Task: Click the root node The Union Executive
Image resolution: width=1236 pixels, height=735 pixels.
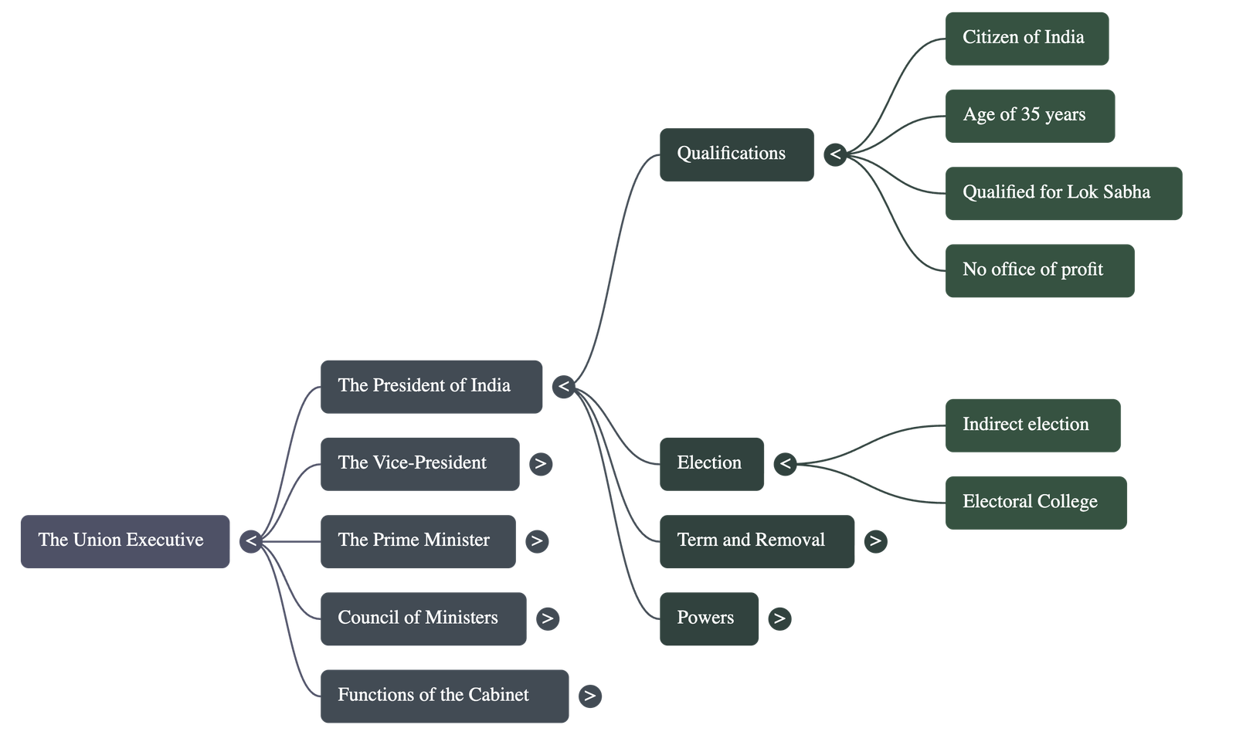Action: (x=124, y=541)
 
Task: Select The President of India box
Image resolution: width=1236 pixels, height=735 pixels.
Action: (x=431, y=387)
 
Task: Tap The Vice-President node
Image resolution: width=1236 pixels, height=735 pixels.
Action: (x=419, y=464)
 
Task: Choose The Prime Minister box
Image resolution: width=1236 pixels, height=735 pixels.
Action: (x=418, y=541)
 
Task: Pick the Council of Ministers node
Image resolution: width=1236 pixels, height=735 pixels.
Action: (x=423, y=618)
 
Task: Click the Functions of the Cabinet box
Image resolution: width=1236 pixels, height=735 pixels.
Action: (x=444, y=696)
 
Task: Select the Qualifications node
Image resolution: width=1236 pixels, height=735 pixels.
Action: (x=736, y=154)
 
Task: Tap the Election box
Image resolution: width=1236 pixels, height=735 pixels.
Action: (x=711, y=464)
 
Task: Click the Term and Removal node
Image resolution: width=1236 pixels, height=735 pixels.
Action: (x=756, y=541)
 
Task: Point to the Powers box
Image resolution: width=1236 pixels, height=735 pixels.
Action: (x=708, y=618)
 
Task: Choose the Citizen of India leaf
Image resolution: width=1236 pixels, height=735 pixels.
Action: (x=1027, y=38)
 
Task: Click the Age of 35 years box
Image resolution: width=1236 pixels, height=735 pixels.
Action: (x=1030, y=116)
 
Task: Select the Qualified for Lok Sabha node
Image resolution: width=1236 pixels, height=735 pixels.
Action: (x=1063, y=193)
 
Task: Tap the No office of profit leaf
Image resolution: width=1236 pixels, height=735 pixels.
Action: (x=1039, y=270)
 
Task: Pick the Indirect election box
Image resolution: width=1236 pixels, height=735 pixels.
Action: (x=1032, y=425)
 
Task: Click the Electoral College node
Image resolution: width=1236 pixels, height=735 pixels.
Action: (x=1035, y=503)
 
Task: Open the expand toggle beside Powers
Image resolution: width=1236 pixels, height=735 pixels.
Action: (x=779, y=618)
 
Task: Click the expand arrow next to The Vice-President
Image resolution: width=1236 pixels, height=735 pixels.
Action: (x=541, y=464)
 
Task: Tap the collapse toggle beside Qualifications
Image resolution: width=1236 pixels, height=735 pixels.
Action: (x=834, y=154)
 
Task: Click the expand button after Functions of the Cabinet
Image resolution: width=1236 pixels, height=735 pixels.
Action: (x=590, y=696)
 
